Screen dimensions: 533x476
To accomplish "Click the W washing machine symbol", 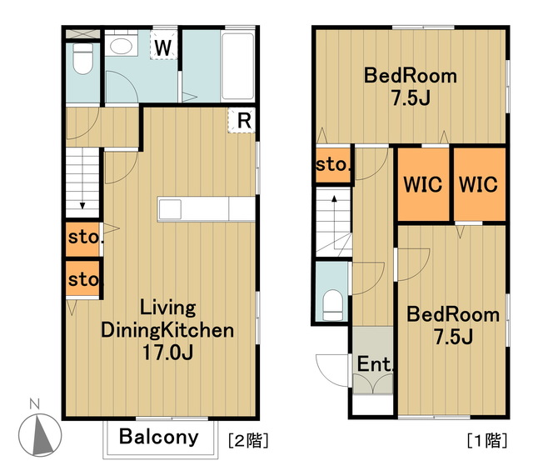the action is [x=164, y=45].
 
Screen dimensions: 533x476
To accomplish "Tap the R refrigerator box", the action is [x=242, y=120].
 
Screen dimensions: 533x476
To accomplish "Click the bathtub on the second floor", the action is [x=237, y=66].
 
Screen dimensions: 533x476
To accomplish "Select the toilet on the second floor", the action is [x=83, y=58].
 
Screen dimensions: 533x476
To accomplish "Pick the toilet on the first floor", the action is [x=332, y=305].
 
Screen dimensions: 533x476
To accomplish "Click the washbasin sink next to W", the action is [x=121, y=46].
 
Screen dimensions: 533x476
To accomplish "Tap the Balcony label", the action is [x=159, y=437].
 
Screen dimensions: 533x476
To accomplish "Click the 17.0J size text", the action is [x=168, y=353].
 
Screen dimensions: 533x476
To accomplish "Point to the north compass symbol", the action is [x=39, y=431].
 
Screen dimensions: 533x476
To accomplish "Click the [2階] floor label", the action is [x=248, y=440].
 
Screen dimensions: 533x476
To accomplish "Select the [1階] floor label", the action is [x=487, y=440].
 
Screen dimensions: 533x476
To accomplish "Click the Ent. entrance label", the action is [x=375, y=364].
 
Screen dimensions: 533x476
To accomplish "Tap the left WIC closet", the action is [x=423, y=184].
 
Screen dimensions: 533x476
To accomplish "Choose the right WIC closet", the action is [x=480, y=184].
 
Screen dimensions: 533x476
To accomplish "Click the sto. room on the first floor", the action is [x=333, y=165].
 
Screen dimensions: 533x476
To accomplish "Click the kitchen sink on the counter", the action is [x=170, y=209].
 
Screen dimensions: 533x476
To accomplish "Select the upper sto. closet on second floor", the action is [x=83, y=239].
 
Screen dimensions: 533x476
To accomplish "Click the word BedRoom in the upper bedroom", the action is [x=411, y=76].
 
